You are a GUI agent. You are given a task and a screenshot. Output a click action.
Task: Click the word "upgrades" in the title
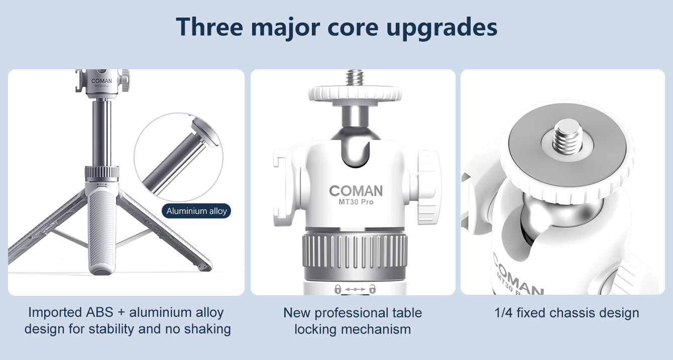click(x=441, y=28)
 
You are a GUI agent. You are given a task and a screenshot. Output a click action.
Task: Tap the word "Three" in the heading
click(x=209, y=27)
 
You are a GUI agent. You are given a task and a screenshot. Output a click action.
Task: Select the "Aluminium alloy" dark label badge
click(x=196, y=211)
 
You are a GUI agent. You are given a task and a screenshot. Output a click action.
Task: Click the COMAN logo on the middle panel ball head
click(x=356, y=191)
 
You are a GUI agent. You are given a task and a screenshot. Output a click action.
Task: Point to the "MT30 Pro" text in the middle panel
click(x=356, y=202)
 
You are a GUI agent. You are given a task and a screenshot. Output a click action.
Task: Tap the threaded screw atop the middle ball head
click(x=355, y=78)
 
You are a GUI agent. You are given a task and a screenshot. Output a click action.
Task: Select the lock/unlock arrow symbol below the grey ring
click(x=355, y=289)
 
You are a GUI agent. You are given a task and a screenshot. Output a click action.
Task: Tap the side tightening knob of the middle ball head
click(x=428, y=187)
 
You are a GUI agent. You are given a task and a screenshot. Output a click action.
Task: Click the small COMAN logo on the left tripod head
click(x=101, y=81)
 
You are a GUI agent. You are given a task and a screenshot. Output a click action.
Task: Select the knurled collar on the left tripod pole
click(x=101, y=174)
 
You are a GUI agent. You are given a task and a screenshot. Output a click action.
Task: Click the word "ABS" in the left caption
click(x=100, y=313)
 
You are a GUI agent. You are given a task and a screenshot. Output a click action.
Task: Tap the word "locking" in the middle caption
click(x=315, y=329)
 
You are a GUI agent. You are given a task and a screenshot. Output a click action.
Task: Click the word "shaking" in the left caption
click(x=207, y=329)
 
